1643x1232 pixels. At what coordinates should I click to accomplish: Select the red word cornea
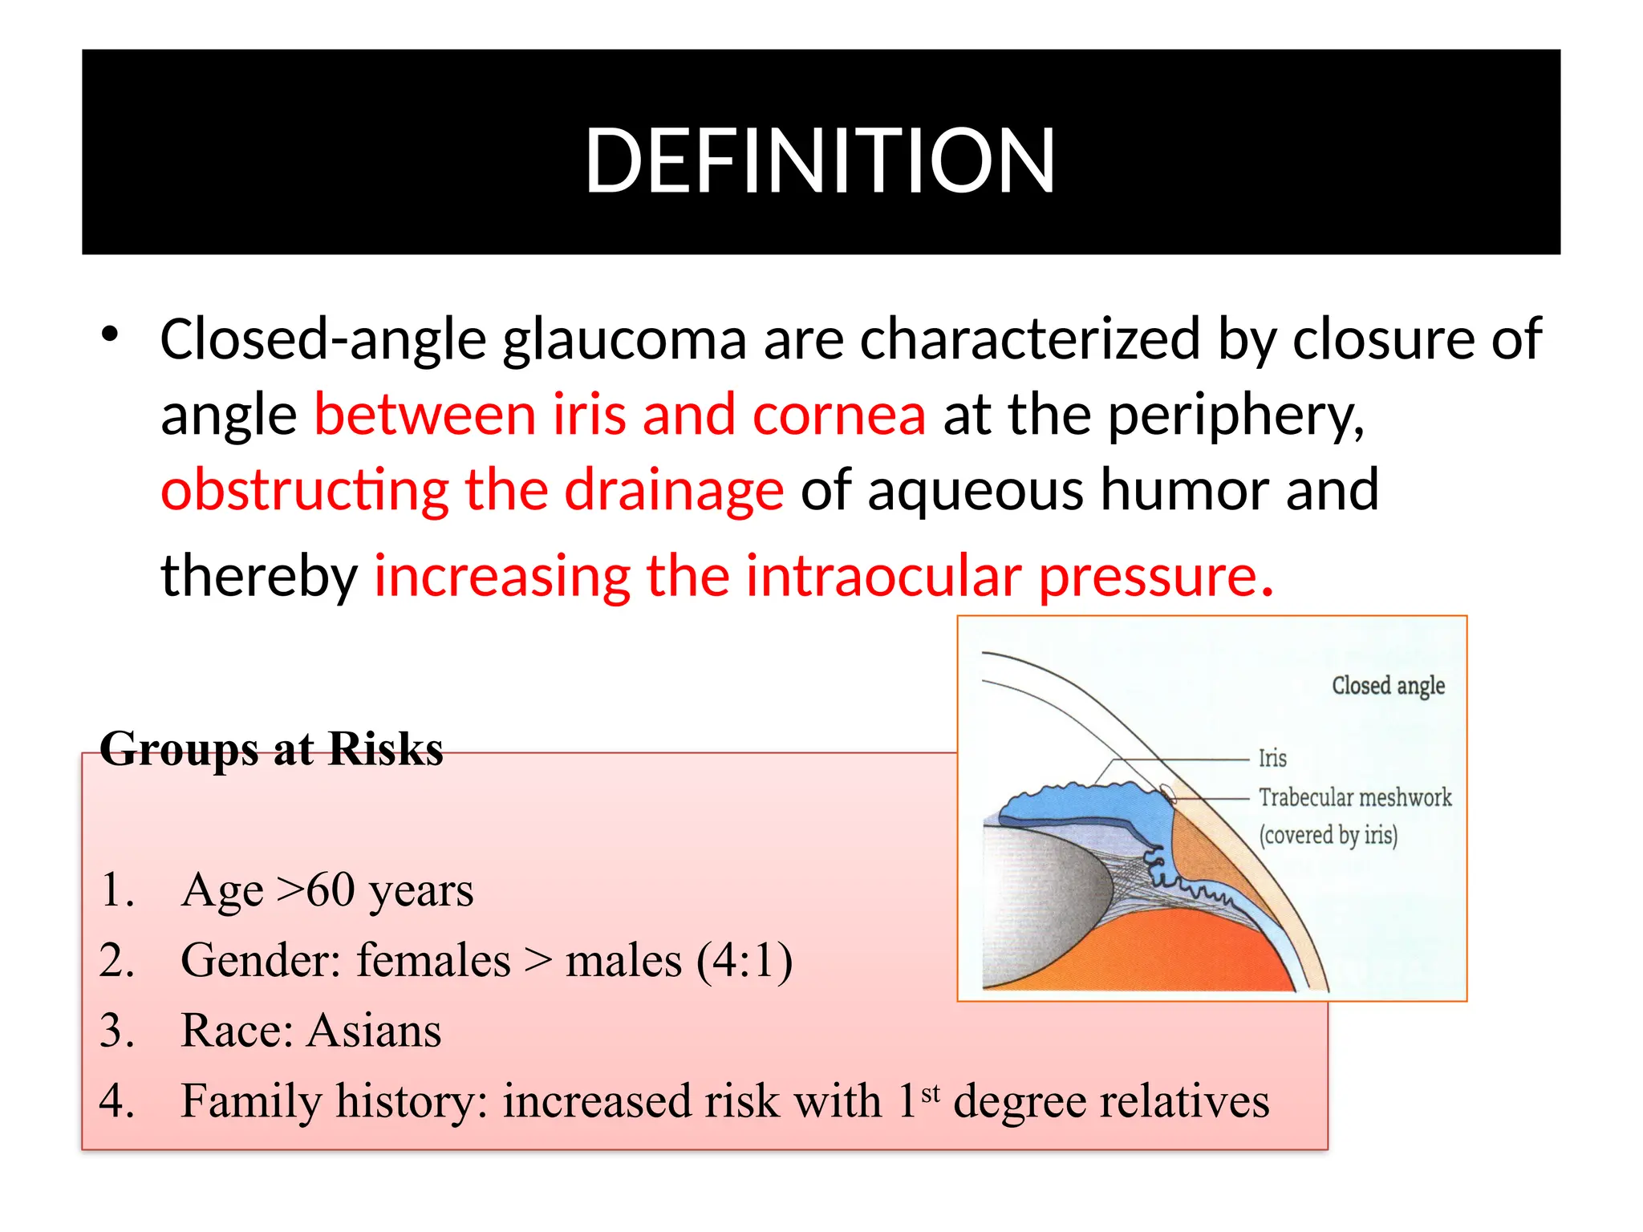coord(839,415)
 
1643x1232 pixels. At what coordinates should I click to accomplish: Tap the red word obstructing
coord(304,491)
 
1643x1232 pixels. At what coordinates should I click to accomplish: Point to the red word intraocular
coord(883,576)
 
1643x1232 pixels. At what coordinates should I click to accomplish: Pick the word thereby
coord(258,576)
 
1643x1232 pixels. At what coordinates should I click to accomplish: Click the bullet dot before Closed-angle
coord(110,334)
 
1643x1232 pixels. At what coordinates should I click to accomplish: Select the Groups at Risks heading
coord(271,749)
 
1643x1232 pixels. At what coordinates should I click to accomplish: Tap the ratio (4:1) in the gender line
coord(744,960)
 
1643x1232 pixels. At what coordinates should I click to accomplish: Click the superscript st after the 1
coord(931,1092)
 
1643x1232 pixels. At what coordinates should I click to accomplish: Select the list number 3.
coord(116,1031)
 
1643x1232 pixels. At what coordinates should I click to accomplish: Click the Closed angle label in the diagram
coord(1388,686)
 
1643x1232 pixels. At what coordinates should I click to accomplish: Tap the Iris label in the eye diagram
coord(1272,758)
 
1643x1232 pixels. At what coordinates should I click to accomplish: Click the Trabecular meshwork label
coord(1355,797)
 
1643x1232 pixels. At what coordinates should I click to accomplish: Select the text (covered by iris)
coord(1329,835)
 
